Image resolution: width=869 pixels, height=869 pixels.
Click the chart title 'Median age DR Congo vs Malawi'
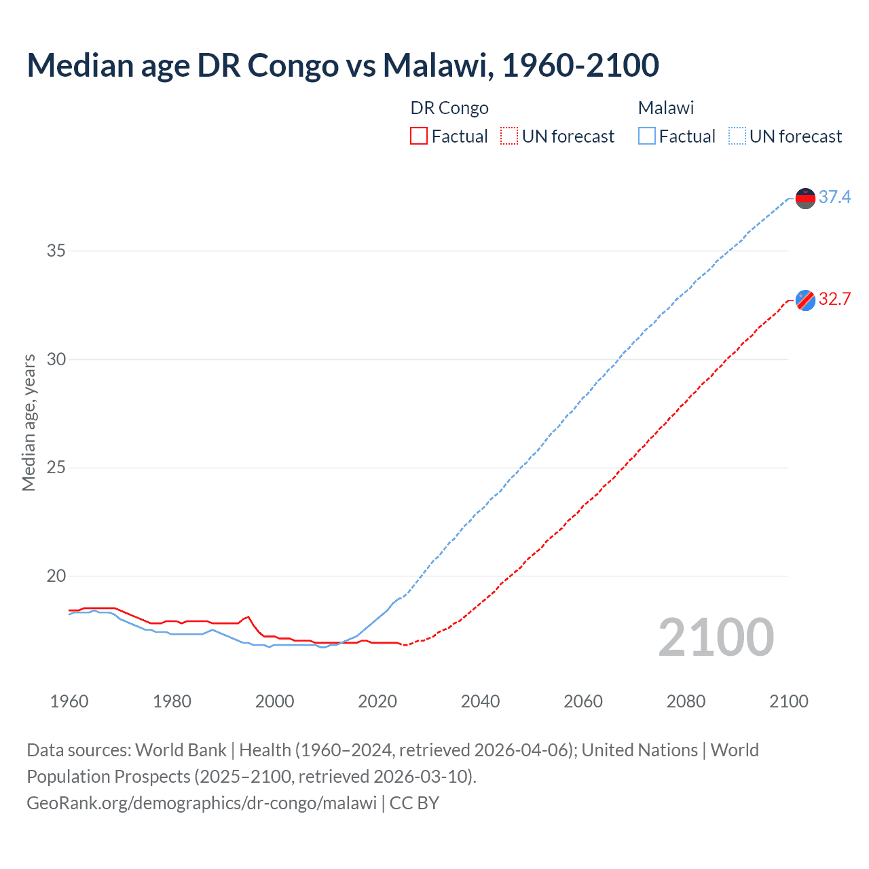click(x=343, y=65)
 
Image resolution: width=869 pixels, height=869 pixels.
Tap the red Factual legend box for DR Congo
click(x=419, y=136)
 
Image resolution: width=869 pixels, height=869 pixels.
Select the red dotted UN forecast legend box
click(x=509, y=136)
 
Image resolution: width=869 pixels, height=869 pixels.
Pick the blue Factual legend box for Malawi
click(x=647, y=136)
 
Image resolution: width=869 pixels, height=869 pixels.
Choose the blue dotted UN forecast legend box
click(x=737, y=136)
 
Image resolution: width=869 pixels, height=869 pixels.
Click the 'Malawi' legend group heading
click(x=665, y=108)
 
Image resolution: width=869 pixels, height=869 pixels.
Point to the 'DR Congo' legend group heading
click(x=449, y=108)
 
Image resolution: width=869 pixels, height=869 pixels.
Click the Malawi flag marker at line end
click(x=805, y=198)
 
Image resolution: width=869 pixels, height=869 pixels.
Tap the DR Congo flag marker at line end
click(x=805, y=300)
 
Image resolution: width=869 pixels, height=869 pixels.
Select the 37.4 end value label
click(x=834, y=197)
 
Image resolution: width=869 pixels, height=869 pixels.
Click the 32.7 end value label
click(x=834, y=299)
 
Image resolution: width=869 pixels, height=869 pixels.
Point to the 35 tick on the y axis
click(x=56, y=251)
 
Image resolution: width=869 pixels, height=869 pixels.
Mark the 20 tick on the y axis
click(x=56, y=576)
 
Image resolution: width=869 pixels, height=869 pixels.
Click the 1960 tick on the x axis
click(x=69, y=701)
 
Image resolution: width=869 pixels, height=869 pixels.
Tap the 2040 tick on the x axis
click(x=480, y=701)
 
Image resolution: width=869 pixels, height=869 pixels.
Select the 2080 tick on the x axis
click(x=686, y=701)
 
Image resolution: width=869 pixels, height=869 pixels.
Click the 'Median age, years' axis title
click(x=29, y=422)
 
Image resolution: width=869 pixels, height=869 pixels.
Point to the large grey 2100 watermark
click(x=716, y=637)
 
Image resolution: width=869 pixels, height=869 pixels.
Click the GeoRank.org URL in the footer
click(x=202, y=803)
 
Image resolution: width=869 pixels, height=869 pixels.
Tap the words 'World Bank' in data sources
click(x=181, y=750)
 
